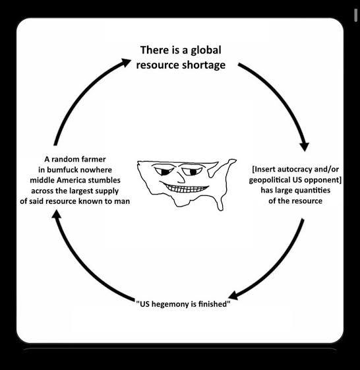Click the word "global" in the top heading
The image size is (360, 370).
point(206,51)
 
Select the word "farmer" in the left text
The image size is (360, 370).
point(94,160)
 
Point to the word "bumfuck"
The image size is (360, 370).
point(63,170)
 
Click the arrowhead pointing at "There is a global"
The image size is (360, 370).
point(125,63)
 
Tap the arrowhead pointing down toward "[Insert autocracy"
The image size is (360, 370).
point(305,146)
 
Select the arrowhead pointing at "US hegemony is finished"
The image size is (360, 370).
point(233,295)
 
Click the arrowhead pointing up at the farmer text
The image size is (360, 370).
point(56,214)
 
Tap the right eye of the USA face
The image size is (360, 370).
point(192,171)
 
